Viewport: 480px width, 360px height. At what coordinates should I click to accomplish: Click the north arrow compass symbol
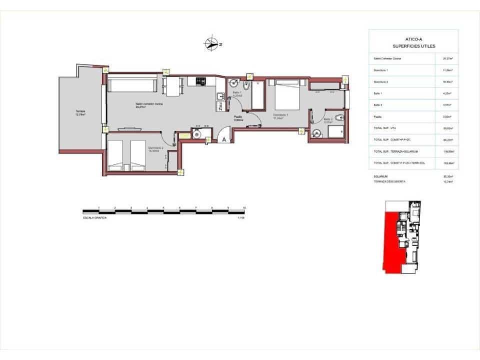click(213, 44)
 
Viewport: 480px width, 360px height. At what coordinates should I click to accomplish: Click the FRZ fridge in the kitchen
click(219, 105)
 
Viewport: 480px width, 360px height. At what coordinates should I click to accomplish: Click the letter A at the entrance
click(224, 140)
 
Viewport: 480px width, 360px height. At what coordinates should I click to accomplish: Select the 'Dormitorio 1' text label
click(281, 115)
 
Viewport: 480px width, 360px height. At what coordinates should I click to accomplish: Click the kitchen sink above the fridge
click(219, 96)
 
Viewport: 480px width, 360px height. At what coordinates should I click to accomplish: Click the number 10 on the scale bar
click(244, 207)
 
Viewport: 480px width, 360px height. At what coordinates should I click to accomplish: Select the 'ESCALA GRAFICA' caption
click(95, 217)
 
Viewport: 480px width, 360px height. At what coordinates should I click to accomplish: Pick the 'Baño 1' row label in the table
click(378, 93)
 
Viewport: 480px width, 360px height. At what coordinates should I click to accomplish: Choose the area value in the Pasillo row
click(447, 116)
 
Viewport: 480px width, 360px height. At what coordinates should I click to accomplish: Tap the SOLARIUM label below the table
click(380, 176)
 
